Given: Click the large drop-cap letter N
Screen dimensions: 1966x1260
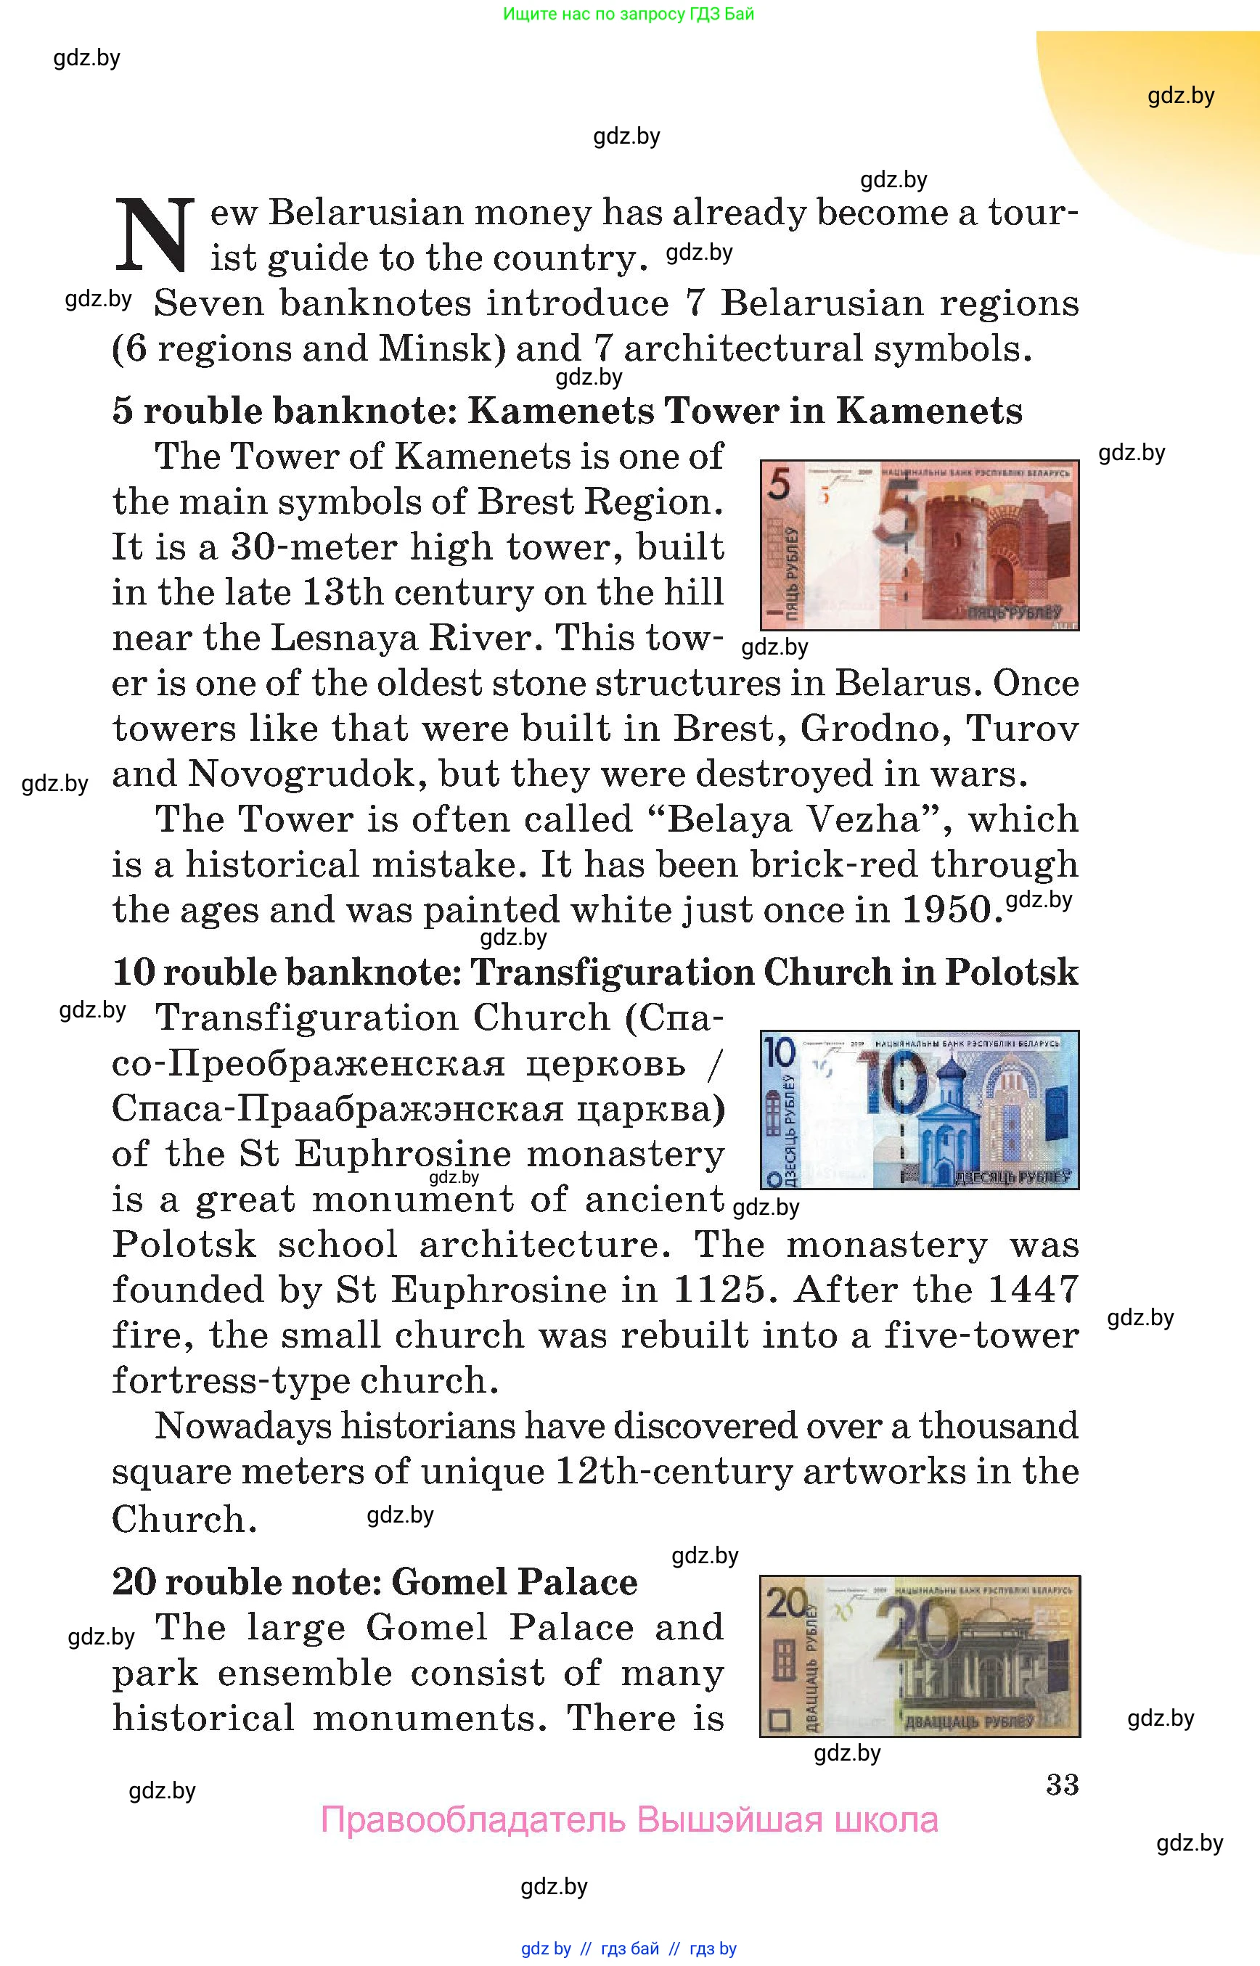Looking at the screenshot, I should [x=155, y=235].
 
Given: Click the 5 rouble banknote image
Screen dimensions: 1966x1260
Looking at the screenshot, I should [x=919, y=545].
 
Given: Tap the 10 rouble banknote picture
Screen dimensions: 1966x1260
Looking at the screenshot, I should [x=919, y=1109].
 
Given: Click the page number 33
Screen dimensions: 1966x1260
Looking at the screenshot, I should [x=1062, y=1785].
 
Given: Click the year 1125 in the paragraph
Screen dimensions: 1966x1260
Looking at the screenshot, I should [x=719, y=1290].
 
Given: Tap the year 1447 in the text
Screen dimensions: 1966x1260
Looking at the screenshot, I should [x=1034, y=1290].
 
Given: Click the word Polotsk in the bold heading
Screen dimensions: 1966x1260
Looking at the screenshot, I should [x=1011, y=972].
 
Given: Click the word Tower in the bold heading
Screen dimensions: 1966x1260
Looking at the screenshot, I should [x=721, y=411].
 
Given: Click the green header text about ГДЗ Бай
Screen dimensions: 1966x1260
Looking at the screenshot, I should [x=629, y=14].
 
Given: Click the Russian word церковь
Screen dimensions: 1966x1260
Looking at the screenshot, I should [x=605, y=1064].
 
